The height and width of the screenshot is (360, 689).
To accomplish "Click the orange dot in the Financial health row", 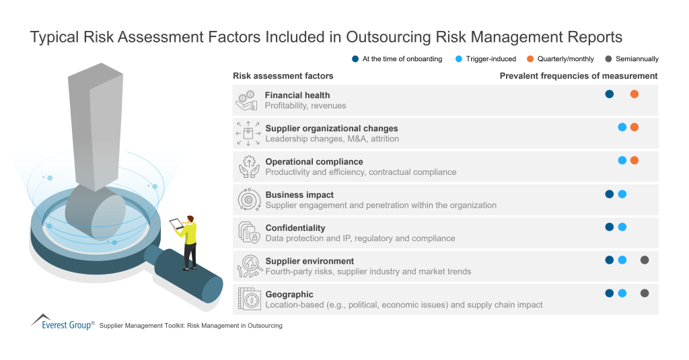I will (634, 94).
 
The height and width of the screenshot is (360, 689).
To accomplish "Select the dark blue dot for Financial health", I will (609, 94).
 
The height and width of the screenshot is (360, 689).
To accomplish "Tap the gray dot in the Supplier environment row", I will (645, 260).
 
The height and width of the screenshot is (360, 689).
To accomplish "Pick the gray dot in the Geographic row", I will (645, 293).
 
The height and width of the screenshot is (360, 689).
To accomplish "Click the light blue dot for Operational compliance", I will (622, 160).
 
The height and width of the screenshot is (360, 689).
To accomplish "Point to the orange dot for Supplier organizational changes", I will (634, 127).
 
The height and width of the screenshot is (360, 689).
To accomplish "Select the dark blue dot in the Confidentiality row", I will (609, 227).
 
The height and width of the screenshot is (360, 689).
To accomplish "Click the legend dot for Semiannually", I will (609, 59).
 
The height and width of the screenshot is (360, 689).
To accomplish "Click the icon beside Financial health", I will (246, 100).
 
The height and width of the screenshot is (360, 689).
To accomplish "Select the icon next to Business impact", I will (248, 200).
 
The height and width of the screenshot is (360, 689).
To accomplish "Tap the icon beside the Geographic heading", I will (248, 299).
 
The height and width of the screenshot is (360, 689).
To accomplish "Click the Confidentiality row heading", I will (295, 228).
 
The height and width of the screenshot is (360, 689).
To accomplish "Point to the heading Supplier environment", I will (310, 261).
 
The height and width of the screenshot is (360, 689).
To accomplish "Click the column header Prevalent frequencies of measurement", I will (579, 76).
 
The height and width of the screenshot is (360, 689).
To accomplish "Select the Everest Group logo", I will (62, 322).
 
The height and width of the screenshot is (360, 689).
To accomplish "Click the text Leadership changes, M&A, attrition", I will (332, 139).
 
